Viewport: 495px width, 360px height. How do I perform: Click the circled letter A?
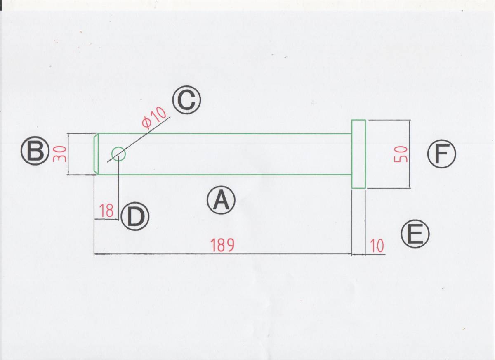pyautogui.click(x=221, y=200)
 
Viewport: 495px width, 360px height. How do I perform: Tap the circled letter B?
pyautogui.click(x=35, y=151)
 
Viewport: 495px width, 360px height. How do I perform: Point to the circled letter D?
pyautogui.click(x=134, y=217)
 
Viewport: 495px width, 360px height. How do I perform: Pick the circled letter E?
pyautogui.click(x=415, y=234)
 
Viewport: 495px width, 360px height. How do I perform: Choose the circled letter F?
pyautogui.click(x=441, y=154)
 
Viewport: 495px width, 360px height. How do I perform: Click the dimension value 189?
pyautogui.click(x=222, y=245)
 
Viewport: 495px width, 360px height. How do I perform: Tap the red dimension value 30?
pyautogui.click(x=59, y=154)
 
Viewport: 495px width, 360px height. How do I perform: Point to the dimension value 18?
pyautogui.click(x=106, y=211)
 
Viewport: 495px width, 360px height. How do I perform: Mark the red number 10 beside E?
pyautogui.click(x=377, y=246)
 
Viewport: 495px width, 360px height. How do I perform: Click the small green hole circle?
pyautogui.click(x=118, y=154)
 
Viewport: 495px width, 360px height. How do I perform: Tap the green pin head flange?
pyautogui.click(x=358, y=154)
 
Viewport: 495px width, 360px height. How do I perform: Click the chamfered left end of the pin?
pyautogui.click(x=96, y=154)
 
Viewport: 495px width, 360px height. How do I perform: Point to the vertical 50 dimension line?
pyautogui.click(x=410, y=178)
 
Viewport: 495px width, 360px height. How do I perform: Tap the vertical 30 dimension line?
pyautogui.click(x=68, y=165)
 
